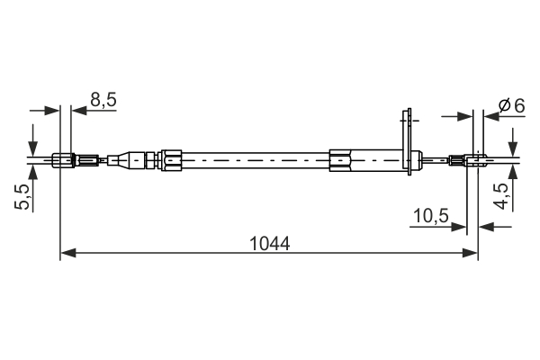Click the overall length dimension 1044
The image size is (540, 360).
(x=268, y=243)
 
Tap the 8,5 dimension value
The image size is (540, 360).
(x=103, y=100)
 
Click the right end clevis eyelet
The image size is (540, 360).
(x=475, y=162)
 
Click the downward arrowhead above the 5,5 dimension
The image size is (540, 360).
(x=33, y=149)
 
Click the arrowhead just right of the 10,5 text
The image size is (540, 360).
(x=461, y=227)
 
